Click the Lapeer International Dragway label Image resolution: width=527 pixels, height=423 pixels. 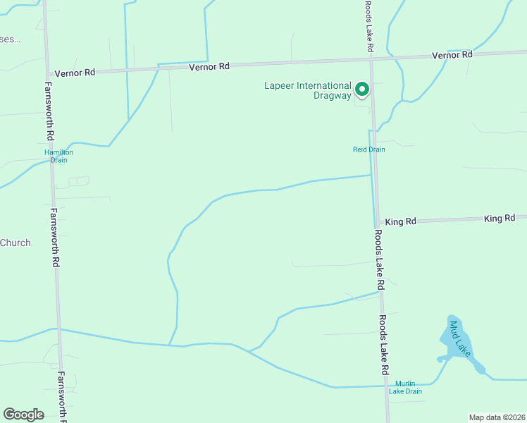click(307, 91)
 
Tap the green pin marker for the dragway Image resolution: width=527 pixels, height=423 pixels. click(362, 90)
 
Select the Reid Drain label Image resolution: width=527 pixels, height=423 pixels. click(369, 149)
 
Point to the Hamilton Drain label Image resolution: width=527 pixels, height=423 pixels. click(58, 156)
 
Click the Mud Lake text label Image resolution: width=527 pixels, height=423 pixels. click(459, 338)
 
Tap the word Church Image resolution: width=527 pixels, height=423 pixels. click(15, 243)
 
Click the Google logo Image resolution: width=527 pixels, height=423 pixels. click(23, 415)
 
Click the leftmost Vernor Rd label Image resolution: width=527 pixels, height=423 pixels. click(74, 72)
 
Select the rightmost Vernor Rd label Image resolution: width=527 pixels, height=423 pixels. click(452, 55)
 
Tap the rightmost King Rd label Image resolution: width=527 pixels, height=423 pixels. click(500, 219)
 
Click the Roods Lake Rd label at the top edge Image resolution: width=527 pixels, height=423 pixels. click(368, 25)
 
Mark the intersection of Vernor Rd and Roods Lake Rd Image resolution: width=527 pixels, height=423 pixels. click(371, 62)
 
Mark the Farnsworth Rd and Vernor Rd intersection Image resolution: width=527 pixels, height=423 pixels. click(47, 73)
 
